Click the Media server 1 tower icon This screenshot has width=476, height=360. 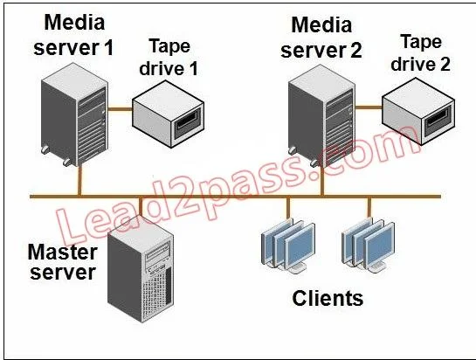tap(74, 114)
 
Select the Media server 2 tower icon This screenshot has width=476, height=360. tap(321, 117)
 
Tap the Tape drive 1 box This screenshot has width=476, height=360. tap(169, 114)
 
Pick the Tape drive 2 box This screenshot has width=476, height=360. tap(418, 111)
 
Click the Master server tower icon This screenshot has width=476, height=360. tap(141, 268)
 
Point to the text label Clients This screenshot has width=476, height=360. tap(328, 298)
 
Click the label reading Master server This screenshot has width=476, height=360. tap(63, 262)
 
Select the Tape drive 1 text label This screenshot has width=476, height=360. tap(169, 58)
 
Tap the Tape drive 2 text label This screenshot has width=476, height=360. tap(420, 52)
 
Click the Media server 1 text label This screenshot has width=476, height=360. tap(73, 35)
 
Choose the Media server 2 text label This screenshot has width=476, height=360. tap(321, 38)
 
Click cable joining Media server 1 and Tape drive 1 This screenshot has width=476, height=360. tap(121, 109)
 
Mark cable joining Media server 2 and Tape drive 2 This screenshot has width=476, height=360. tap(369, 107)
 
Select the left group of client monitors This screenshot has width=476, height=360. tap(288, 246)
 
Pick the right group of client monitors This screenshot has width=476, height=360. tap(369, 246)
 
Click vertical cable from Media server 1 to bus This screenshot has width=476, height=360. tap(79, 181)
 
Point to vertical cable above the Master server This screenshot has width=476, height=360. tap(141, 206)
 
